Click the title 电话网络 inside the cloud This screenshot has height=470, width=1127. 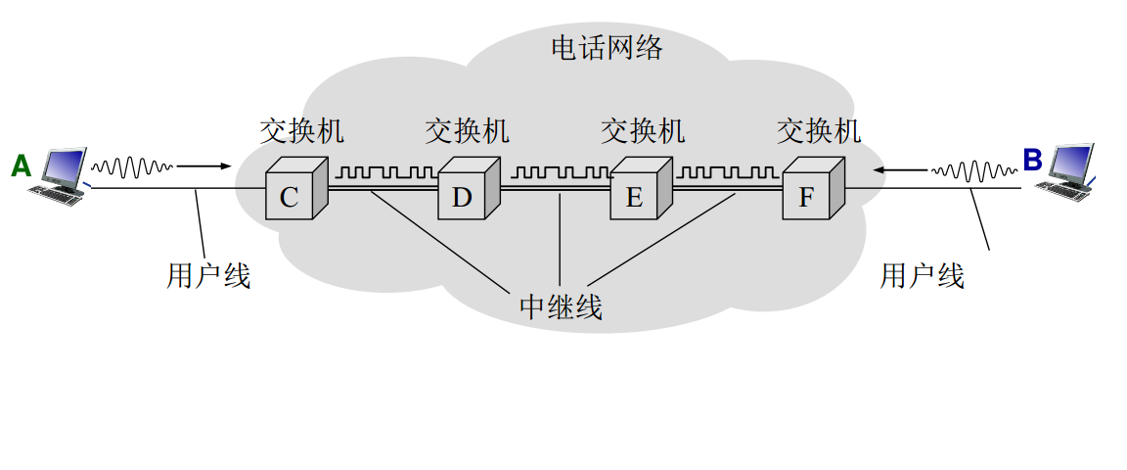pos(607,47)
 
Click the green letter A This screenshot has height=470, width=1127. pos(22,165)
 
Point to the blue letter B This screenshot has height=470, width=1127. pos(1032,160)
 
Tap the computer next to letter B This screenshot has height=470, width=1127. pos(1073,169)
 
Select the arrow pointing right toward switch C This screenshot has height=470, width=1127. pos(205,166)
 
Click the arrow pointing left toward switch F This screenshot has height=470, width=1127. pos(901,170)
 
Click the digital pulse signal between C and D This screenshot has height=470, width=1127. pos(386,173)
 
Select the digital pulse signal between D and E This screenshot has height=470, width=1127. pos(559,173)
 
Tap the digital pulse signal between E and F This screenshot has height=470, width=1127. pos(729,173)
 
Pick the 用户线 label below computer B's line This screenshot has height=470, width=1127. pos(923,276)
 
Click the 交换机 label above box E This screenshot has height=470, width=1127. pos(643,130)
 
